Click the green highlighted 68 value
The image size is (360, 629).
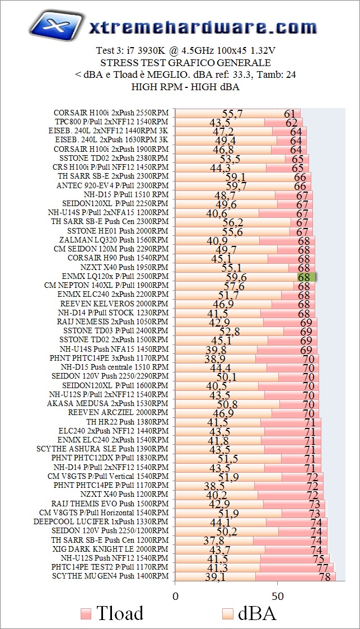[x=306, y=277]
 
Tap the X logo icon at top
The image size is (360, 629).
[x=54, y=25]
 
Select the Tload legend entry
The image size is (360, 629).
[x=112, y=613]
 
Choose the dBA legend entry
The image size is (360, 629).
[x=249, y=613]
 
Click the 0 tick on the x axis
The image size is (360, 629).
[x=175, y=595]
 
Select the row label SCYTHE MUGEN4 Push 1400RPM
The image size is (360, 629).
[x=110, y=576]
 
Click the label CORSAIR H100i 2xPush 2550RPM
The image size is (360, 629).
[x=111, y=113]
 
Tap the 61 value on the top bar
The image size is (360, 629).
[x=289, y=114]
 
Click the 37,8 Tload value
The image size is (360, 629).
[x=213, y=541]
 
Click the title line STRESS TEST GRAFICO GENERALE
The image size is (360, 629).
[x=185, y=63]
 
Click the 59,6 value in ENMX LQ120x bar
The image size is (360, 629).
[x=236, y=277]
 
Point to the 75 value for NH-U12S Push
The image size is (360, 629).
[x=319, y=559]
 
